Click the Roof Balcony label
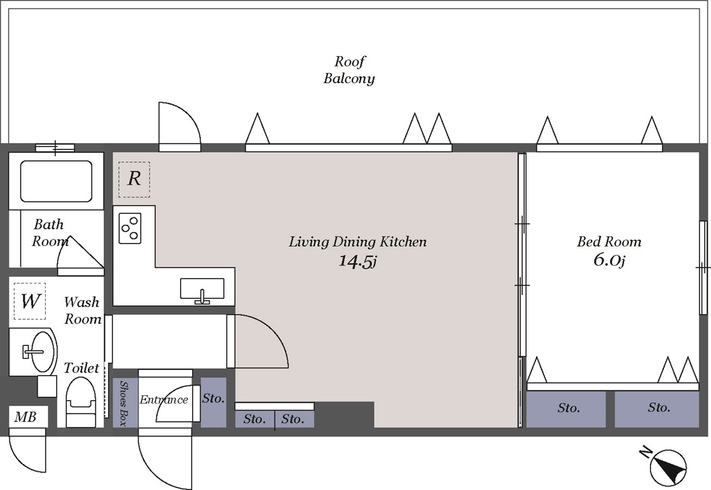(349, 70)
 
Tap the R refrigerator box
(134, 179)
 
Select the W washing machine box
(30, 301)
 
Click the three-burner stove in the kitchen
(130, 228)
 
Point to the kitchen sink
(202, 289)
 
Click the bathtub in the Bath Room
(56, 181)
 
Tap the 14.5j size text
(358, 261)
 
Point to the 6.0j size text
(609, 260)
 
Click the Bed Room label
(609, 242)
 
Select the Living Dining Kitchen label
(358, 242)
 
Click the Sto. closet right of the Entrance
(213, 402)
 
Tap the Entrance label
(163, 399)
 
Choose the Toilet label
(81, 367)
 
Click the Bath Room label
(49, 233)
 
